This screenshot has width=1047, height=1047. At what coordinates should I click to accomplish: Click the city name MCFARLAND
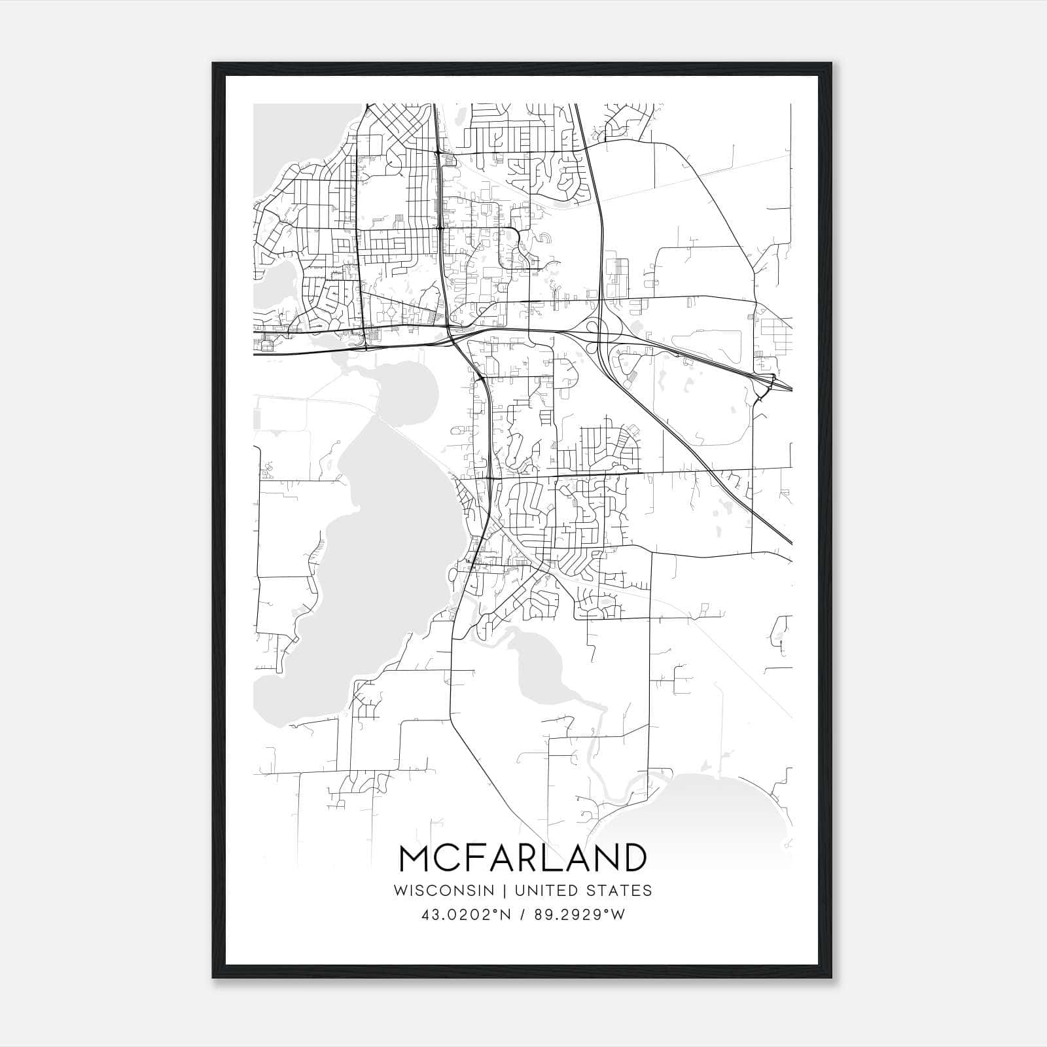(x=522, y=858)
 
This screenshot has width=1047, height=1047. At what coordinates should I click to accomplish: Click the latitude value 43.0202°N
(x=465, y=915)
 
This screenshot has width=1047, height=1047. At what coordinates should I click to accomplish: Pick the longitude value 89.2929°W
(x=580, y=915)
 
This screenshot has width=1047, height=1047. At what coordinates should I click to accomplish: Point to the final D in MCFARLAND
(x=633, y=858)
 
